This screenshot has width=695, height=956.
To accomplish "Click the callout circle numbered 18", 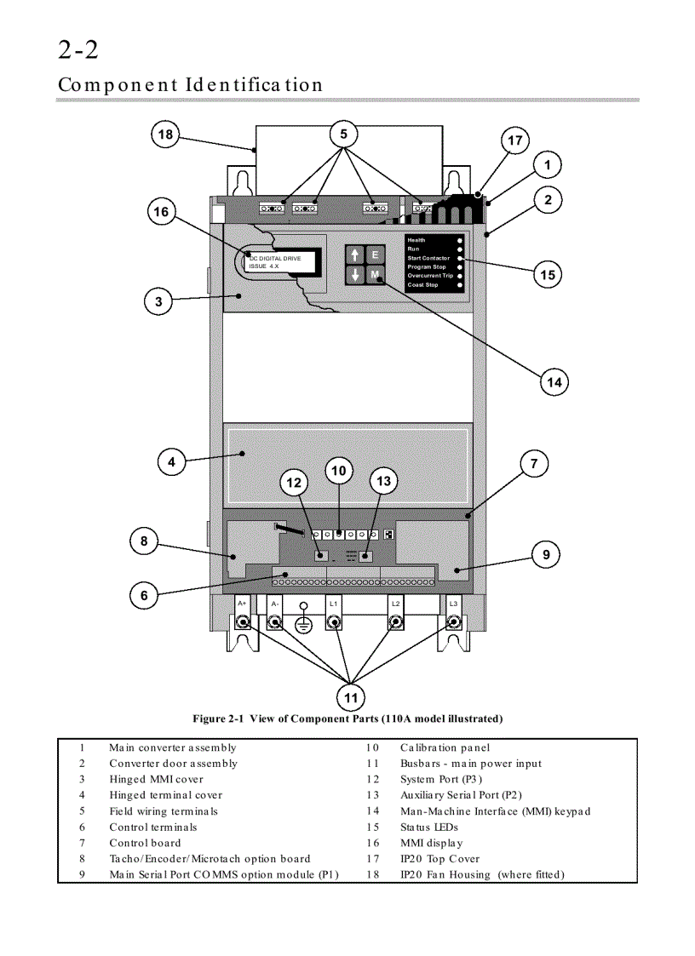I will point(165,135).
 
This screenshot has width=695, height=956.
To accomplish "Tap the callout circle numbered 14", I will point(554,382).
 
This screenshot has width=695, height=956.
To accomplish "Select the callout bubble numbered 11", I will point(351,698).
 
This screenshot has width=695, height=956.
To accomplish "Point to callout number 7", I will point(534,464).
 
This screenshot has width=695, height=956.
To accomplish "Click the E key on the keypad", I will point(376,255).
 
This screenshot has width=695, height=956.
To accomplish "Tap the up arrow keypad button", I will point(355,255).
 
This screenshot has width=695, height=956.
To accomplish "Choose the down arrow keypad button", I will point(355,275).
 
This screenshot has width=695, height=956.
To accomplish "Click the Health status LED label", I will point(416,240).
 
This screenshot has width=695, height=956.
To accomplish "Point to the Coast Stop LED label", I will point(422,284).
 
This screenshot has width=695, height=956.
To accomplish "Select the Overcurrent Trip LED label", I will point(430,276).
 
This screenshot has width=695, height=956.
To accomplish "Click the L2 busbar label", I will point(395,603).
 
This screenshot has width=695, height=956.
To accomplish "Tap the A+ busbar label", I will point(243,603).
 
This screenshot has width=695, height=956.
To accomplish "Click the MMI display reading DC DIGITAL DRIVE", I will point(280,261).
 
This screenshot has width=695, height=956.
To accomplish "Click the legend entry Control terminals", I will point(153,827).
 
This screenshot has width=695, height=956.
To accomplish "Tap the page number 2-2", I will point(78,51).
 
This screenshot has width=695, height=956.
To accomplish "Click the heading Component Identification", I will point(191,85).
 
